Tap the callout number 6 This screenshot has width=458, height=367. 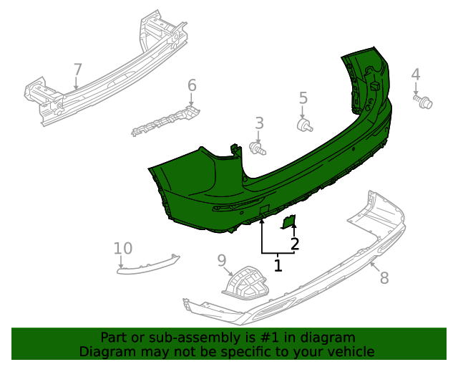click(x=192, y=86)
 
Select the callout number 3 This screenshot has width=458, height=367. click(x=260, y=123)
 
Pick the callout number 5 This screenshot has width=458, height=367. click(x=303, y=98)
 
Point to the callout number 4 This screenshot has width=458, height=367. click(x=416, y=74)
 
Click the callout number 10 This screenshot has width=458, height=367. click(x=123, y=249)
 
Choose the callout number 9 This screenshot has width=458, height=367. click(x=222, y=259)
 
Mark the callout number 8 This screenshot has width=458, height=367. click(x=384, y=278)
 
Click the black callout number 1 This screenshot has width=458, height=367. click(x=278, y=266)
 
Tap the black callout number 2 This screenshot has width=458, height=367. click(x=294, y=244)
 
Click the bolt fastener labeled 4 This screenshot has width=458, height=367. click(x=424, y=103)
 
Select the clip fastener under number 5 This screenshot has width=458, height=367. click(x=305, y=126)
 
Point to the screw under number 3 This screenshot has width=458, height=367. click(x=258, y=148)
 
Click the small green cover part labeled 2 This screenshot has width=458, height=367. click(x=289, y=221)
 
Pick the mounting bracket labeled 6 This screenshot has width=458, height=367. click(x=165, y=120)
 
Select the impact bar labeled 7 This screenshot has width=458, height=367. click(x=107, y=79)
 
